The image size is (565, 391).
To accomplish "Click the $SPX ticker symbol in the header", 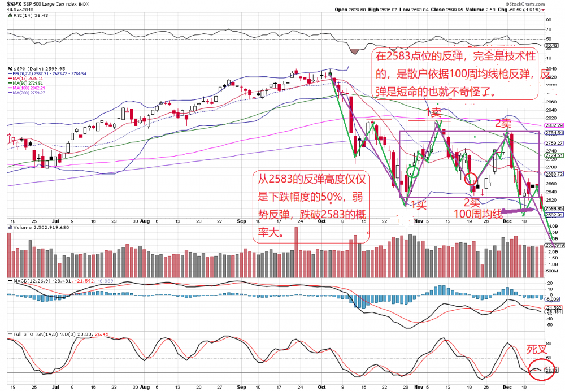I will [x=15, y=3].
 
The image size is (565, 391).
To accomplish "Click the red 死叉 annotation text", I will [x=537, y=349].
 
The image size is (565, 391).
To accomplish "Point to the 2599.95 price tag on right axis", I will [x=553, y=208].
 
